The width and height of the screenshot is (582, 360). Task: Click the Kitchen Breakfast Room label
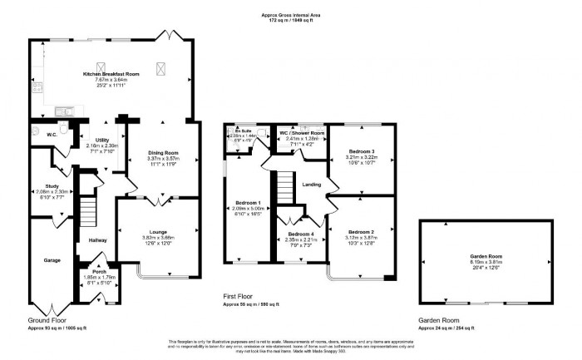pyautogui.click(x=114, y=74)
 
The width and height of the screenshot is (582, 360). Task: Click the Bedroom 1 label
pyautogui.click(x=247, y=203)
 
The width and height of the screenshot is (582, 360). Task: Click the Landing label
pyautogui.click(x=312, y=185)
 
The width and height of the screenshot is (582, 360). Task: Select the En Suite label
pyautogui.click(x=242, y=131)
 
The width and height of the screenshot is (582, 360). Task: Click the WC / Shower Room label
pyautogui.click(x=304, y=133)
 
